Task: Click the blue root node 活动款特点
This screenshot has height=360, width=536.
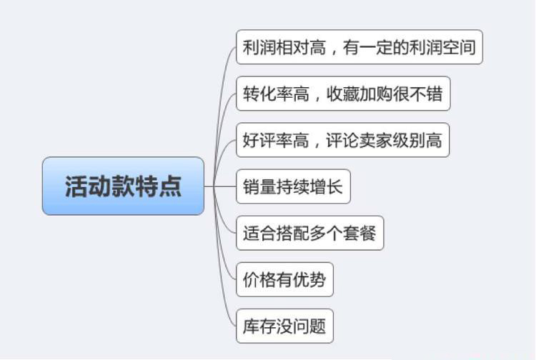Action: coord(123,186)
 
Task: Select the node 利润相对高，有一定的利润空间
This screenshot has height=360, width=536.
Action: coord(359,47)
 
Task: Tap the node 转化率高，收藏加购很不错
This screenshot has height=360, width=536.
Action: coord(343,94)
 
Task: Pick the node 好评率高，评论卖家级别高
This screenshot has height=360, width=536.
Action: coord(343,140)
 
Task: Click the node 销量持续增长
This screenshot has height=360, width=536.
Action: coord(293,187)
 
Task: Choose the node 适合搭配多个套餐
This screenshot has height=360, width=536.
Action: coord(309,233)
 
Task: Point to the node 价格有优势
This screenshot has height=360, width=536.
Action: coord(284,279)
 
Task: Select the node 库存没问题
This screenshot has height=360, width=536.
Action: coord(284,326)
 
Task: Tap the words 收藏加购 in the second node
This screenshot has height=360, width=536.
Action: coord(362,94)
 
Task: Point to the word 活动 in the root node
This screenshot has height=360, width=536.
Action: coord(76,186)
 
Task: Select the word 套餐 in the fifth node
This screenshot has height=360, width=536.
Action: coord(359,233)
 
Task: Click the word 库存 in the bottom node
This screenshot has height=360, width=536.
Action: coord(259,326)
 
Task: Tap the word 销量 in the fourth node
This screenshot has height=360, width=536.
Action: coord(259,187)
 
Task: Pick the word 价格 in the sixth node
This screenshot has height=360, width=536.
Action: coord(259,279)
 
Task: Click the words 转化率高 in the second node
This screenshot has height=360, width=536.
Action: coord(276,94)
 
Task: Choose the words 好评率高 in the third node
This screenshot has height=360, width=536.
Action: coord(276,140)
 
